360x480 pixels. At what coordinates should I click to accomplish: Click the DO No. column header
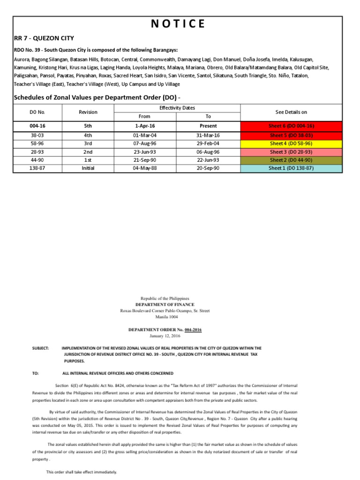37,112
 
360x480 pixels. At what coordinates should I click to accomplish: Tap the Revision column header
88,112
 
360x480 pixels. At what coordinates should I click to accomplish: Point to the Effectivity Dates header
177,108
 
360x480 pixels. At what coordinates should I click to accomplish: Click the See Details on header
291,112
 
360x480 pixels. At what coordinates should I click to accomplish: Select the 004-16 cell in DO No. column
37,126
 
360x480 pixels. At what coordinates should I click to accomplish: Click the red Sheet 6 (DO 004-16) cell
291,126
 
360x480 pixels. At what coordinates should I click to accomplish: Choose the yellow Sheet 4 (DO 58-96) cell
291,143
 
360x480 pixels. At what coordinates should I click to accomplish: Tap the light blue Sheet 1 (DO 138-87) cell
291,168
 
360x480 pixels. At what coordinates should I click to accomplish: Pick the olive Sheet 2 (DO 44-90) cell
291,160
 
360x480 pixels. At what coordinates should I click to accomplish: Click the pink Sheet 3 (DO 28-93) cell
291,152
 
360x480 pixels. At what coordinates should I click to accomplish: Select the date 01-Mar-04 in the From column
145,135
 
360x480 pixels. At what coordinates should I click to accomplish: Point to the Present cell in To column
208,126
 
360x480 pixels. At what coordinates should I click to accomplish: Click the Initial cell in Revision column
88,168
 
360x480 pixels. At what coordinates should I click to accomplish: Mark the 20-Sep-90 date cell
208,168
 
